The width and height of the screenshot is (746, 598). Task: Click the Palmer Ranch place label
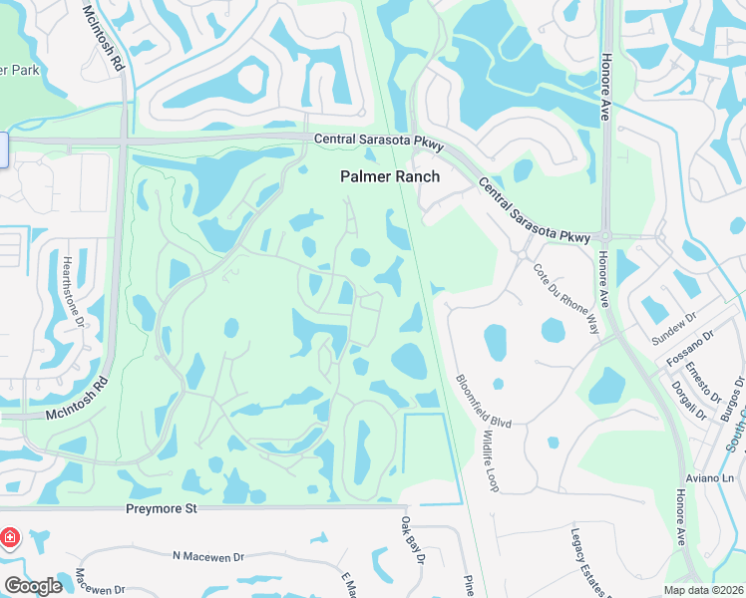[x=390, y=175]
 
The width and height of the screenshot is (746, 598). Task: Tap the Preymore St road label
[x=162, y=508]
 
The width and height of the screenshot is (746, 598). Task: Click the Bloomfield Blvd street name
[x=483, y=402]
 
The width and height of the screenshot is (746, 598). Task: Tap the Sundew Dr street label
[x=670, y=328]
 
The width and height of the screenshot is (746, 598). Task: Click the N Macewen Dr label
[x=208, y=555]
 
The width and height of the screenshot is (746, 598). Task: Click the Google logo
[x=33, y=586]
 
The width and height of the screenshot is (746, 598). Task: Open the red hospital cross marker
[x=11, y=538]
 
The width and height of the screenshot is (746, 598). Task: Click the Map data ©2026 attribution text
[x=704, y=590]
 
